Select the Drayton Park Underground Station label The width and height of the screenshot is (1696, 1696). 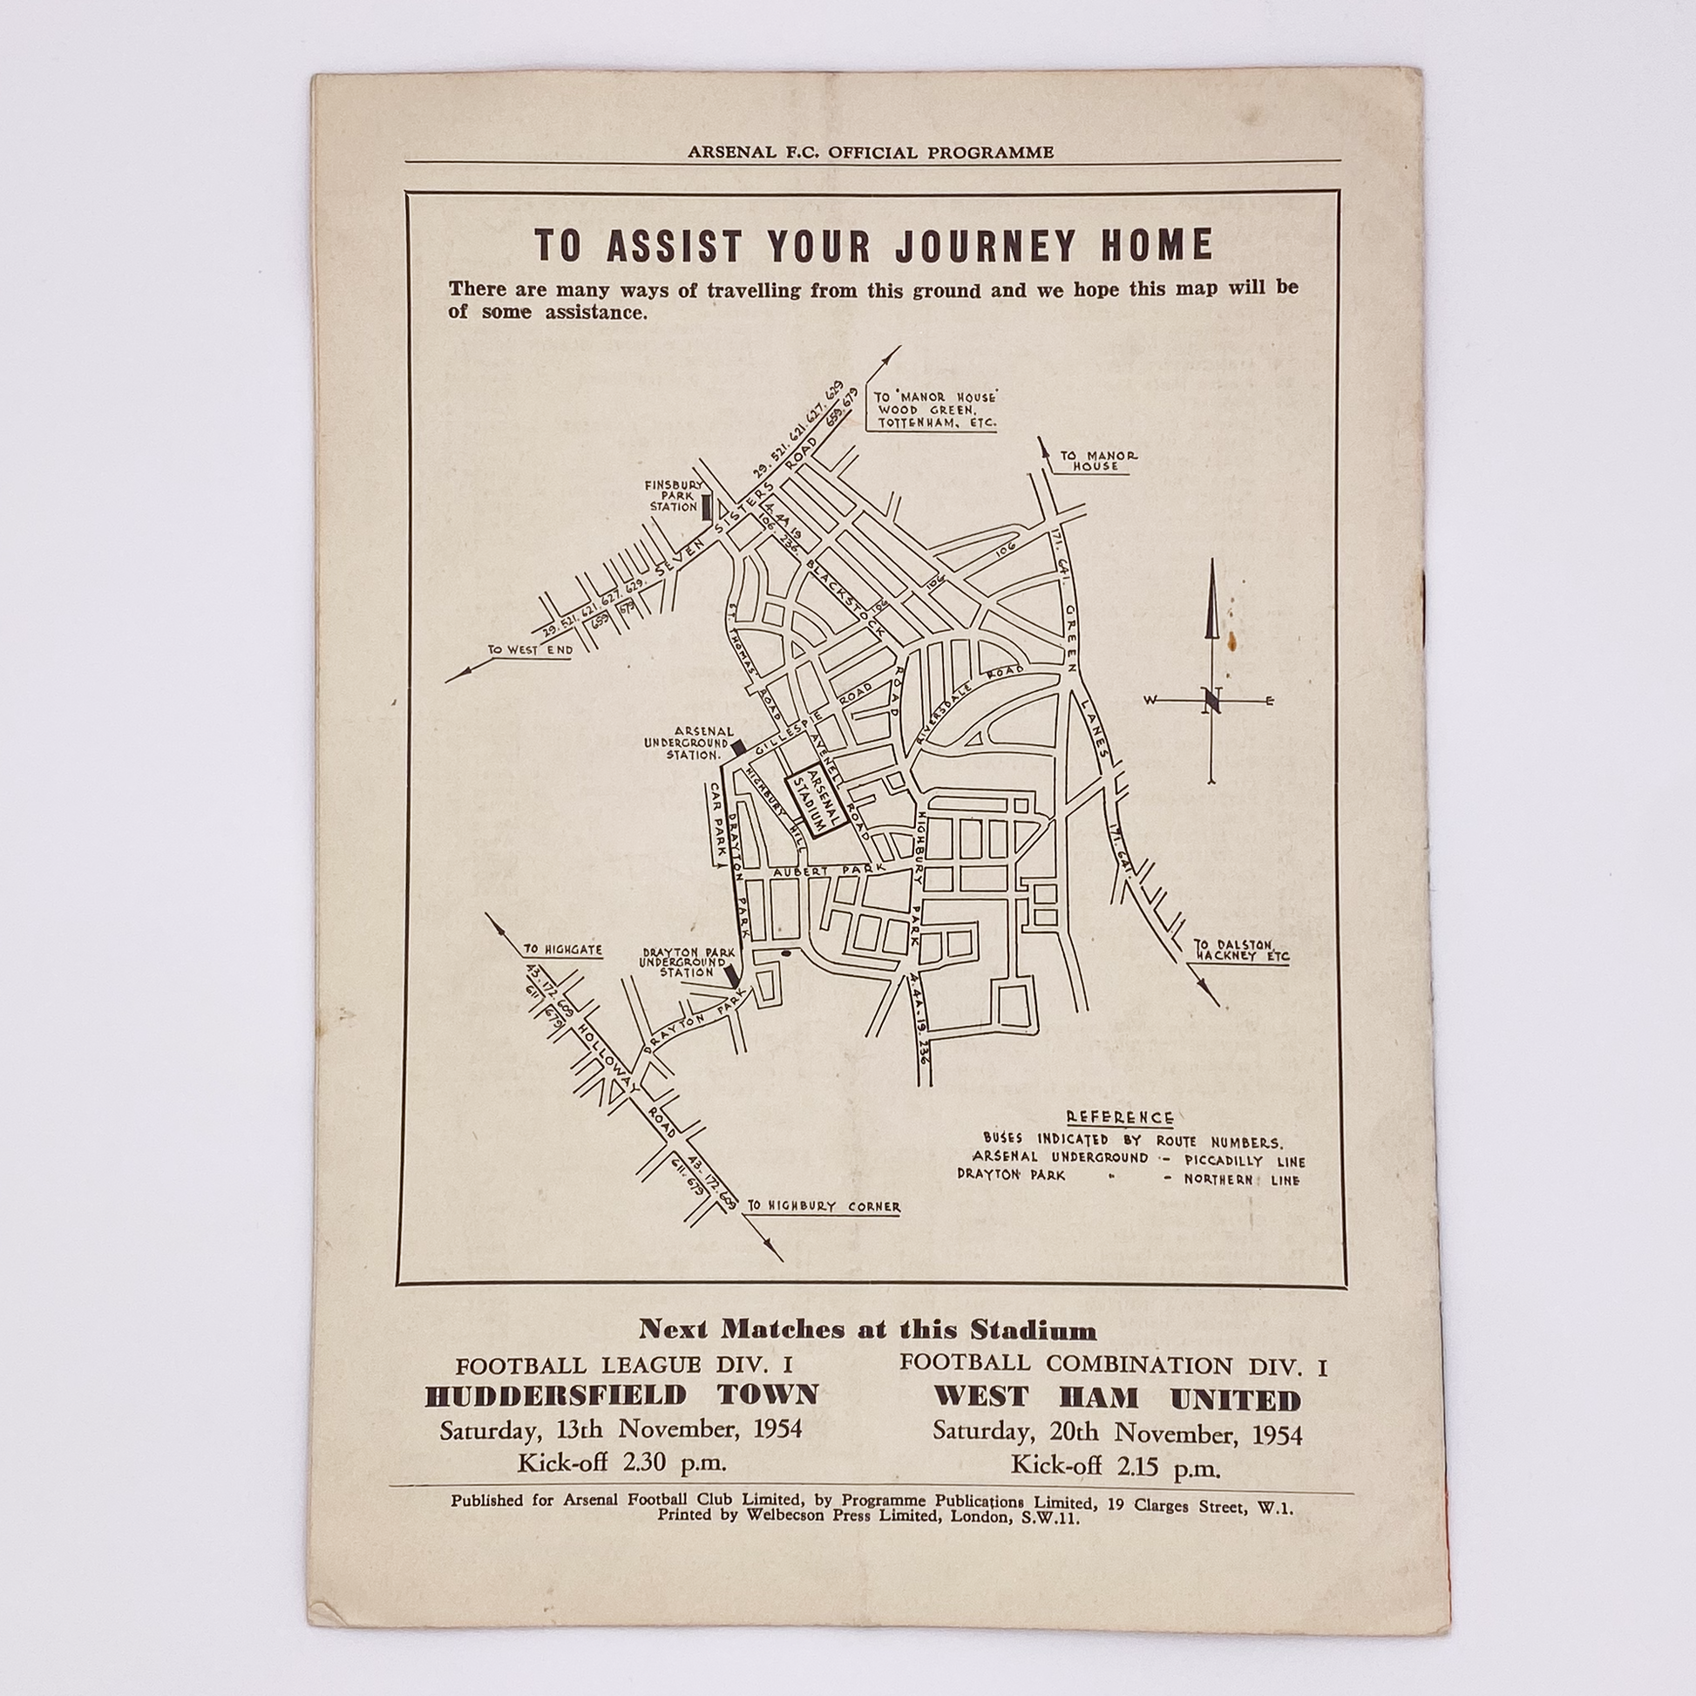pyautogui.click(x=682, y=961)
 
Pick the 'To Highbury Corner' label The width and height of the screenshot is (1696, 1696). pyautogui.click(x=824, y=1206)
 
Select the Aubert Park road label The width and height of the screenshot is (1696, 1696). pyautogui.click(x=828, y=872)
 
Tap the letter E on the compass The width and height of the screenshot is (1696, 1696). pyautogui.click(x=1268, y=700)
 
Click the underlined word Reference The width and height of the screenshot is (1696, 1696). pyautogui.click(x=1119, y=1117)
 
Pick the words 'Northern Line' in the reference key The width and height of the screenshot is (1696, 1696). pyautogui.click(x=1241, y=1179)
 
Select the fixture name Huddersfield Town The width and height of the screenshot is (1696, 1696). pyautogui.click(x=621, y=1394)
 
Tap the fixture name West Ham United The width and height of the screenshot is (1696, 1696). pyautogui.click(x=1116, y=1398)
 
